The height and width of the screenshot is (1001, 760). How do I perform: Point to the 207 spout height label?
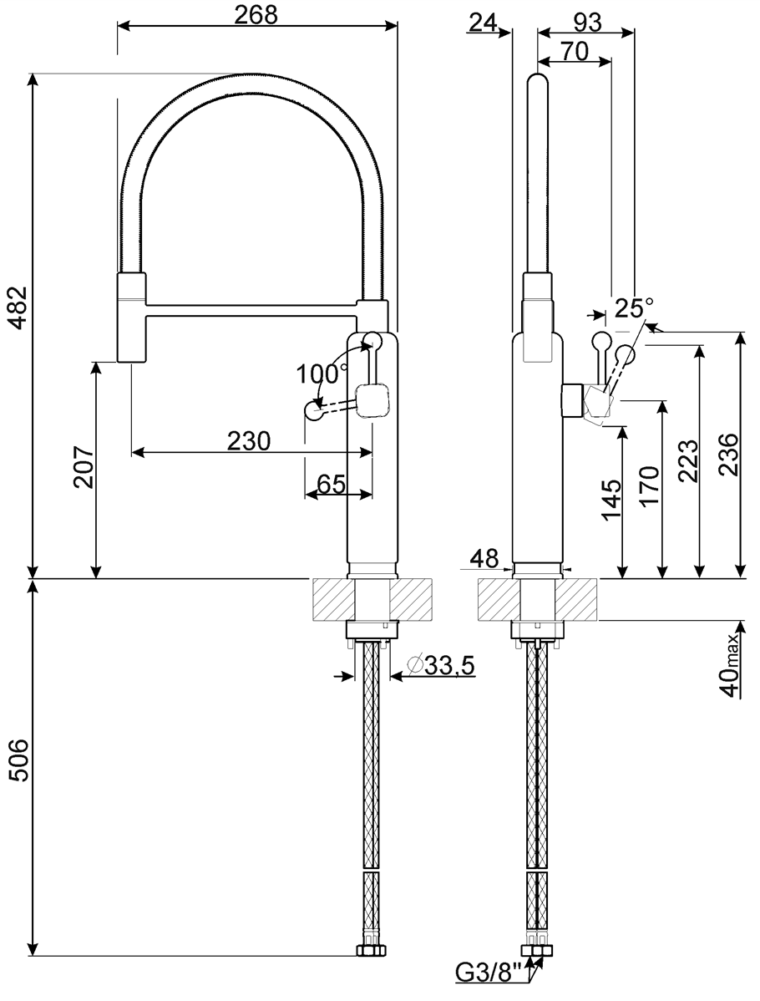click(83, 467)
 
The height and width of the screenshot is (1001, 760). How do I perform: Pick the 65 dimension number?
click(331, 483)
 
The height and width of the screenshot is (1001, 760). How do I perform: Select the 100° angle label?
click(321, 372)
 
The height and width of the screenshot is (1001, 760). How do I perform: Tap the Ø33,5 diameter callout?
click(440, 666)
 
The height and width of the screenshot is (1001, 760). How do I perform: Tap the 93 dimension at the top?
click(587, 23)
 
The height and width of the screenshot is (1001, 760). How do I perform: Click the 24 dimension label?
click(483, 23)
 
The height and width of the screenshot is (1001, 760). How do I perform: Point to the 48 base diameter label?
click(484, 559)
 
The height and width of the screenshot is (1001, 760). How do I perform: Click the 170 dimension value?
click(650, 486)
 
